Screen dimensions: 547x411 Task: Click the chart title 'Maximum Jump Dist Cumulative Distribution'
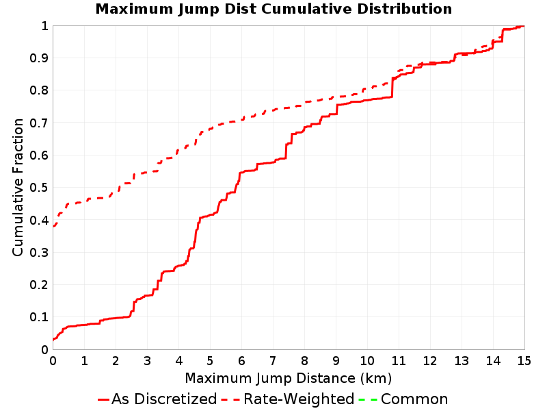click(x=273, y=9)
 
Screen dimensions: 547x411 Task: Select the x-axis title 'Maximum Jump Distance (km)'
click(x=288, y=378)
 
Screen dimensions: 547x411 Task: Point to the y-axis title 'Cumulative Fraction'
click(x=18, y=187)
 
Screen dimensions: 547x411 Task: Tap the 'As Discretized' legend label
click(x=164, y=399)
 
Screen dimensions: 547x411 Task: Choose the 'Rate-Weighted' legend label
click(x=299, y=399)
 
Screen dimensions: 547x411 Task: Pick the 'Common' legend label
click(x=414, y=399)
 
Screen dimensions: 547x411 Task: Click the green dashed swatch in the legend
click(x=368, y=399)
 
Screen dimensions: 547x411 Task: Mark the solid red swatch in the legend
click(x=104, y=399)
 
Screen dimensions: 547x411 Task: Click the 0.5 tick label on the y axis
click(x=39, y=188)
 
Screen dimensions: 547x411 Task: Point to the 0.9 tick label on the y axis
click(x=39, y=58)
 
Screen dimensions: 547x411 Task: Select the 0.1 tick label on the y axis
click(x=39, y=317)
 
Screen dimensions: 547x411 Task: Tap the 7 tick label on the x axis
click(x=273, y=361)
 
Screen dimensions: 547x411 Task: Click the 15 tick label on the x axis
click(x=524, y=361)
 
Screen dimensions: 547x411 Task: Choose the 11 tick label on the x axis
click(x=399, y=361)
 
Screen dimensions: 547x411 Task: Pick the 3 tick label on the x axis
click(x=147, y=361)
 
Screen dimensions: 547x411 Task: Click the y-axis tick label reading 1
click(x=44, y=26)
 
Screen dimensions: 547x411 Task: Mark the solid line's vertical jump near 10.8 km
click(x=392, y=88)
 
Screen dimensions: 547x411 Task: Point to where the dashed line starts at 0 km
click(x=53, y=227)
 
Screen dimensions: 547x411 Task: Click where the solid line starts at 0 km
click(x=53, y=339)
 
